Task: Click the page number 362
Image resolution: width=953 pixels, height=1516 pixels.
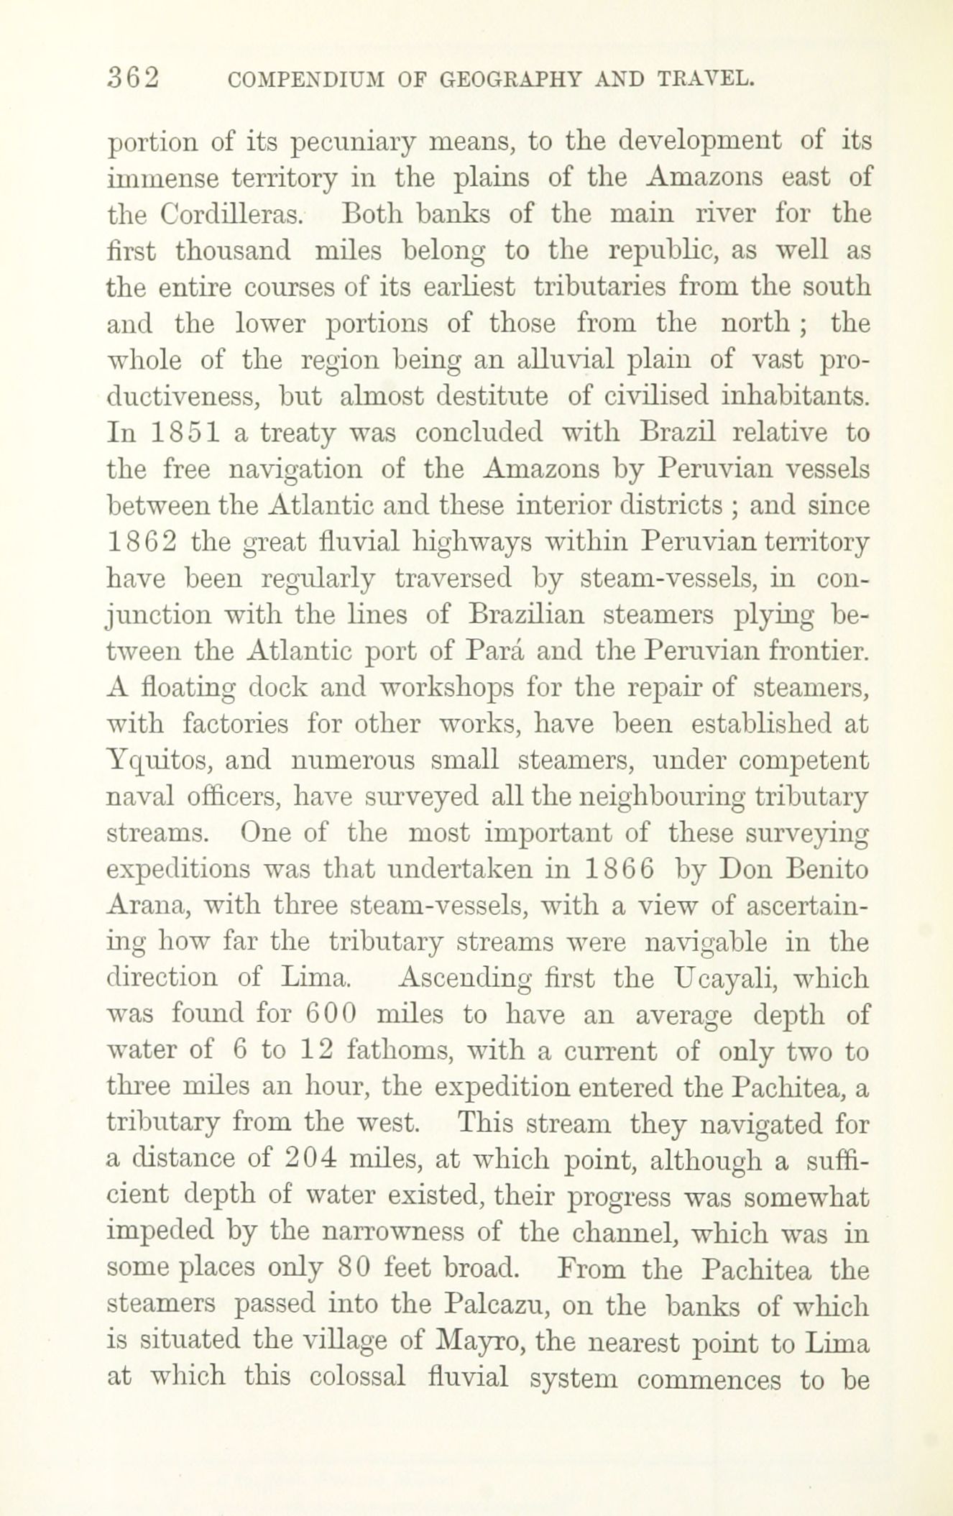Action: [x=132, y=78]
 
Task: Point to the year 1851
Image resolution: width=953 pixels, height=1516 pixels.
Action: [x=181, y=433]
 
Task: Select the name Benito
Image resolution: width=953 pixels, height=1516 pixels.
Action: [x=827, y=869]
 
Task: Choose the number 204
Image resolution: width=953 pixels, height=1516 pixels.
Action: [x=310, y=1159]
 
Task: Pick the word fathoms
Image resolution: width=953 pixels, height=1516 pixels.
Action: [x=397, y=1051]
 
